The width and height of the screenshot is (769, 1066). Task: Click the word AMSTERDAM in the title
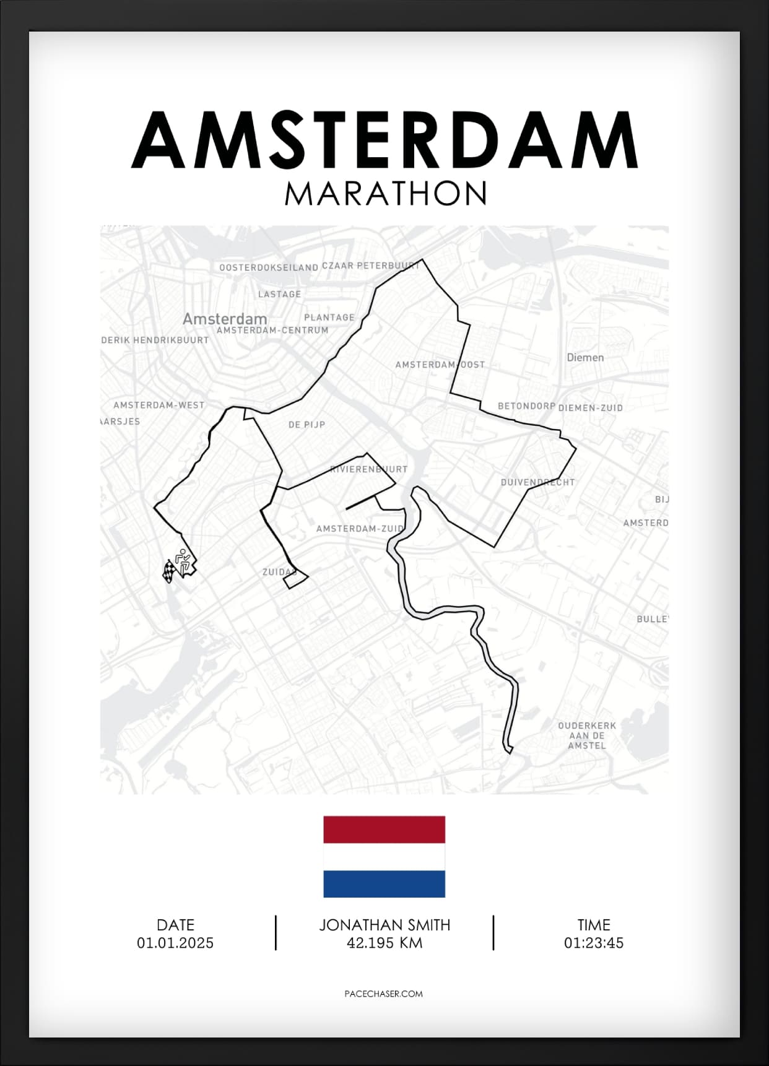click(x=384, y=141)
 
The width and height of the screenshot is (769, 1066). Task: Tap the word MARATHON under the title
click(x=385, y=194)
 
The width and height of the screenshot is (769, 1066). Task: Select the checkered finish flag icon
click(x=168, y=570)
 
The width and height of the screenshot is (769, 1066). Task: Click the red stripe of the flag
click(x=384, y=830)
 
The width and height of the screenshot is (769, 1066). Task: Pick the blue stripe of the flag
click(x=384, y=883)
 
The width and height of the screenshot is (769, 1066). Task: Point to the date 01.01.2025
click(x=175, y=943)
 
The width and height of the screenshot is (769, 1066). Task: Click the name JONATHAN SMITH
click(x=384, y=925)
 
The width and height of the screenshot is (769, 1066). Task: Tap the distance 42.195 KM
click(x=384, y=943)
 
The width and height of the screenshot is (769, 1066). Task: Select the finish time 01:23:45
click(x=593, y=943)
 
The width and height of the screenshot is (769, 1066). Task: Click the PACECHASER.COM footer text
click(x=383, y=994)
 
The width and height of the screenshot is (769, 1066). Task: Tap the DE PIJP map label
click(x=306, y=425)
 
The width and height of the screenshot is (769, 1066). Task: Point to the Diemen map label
click(x=585, y=357)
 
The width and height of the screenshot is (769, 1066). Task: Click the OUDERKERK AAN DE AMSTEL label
click(x=587, y=735)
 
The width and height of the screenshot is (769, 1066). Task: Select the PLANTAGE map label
click(x=329, y=317)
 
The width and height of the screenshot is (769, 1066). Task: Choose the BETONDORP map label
click(x=526, y=406)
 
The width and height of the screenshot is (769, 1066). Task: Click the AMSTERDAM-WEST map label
click(x=159, y=405)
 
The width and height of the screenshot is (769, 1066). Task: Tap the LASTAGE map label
click(x=279, y=294)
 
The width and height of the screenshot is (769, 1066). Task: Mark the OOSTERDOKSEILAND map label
click(x=269, y=267)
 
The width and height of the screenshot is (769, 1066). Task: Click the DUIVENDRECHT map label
click(x=537, y=482)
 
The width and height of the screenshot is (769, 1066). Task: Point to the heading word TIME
click(x=593, y=925)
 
